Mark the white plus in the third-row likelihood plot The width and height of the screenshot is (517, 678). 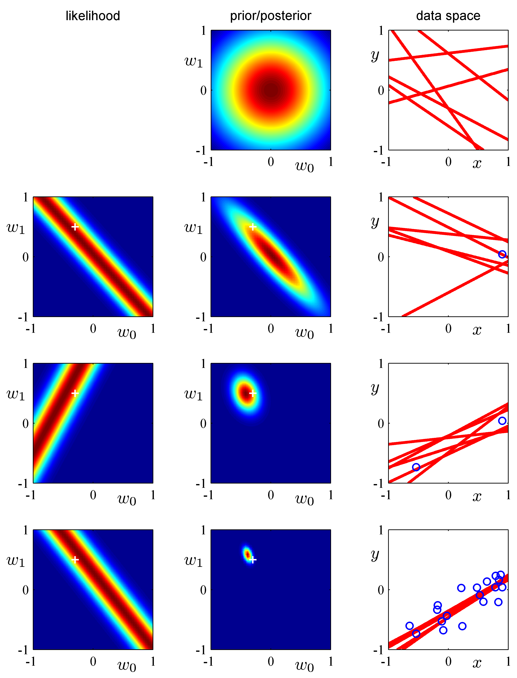click(75, 393)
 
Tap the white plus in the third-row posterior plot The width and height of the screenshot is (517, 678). click(253, 393)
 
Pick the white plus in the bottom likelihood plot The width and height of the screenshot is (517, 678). click(75, 560)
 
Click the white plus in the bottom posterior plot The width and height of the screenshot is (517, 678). click(253, 560)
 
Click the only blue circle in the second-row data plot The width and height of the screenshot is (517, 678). click(502, 254)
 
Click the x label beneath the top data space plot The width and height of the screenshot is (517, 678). click(477, 163)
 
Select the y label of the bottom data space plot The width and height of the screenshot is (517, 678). click(375, 555)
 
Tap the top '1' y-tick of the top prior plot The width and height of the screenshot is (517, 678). click(203, 31)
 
